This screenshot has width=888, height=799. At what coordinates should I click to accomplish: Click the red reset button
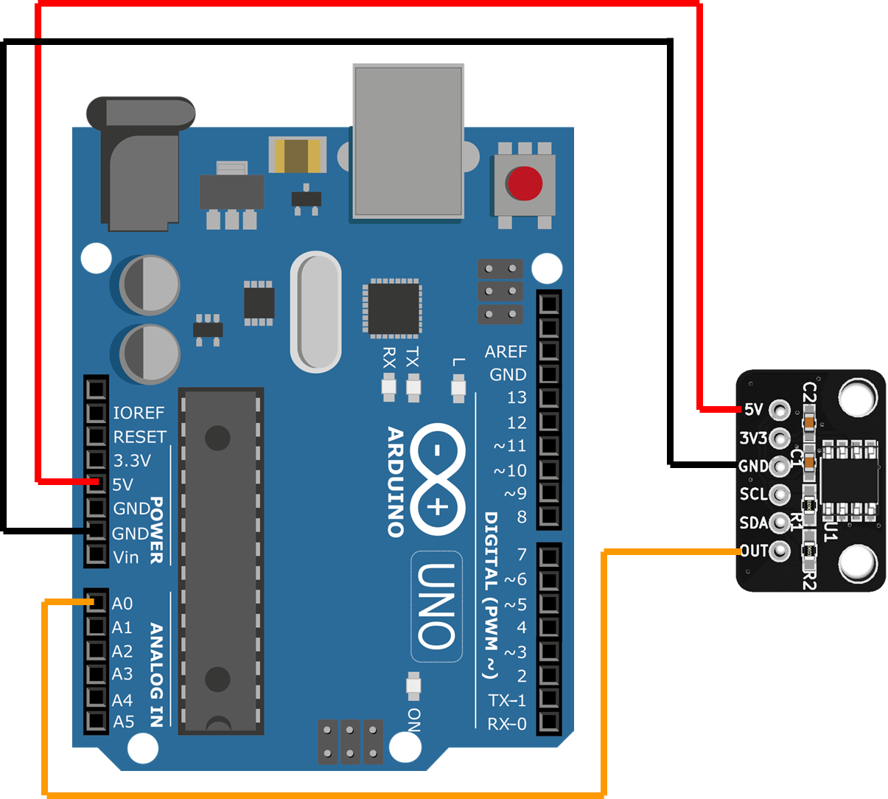tap(524, 183)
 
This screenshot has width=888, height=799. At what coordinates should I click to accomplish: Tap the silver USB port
tap(408, 141)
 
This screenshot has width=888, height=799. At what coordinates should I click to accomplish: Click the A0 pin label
tap(122, 604)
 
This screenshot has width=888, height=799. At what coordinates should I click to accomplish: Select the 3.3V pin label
tap(132, 461)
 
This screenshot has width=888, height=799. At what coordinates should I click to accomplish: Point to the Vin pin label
tap(126, 557)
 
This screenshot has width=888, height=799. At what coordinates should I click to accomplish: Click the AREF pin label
tap(506, 352)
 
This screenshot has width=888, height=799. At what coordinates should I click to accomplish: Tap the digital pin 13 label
tap(517, 398)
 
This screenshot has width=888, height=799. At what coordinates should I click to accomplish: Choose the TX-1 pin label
tap(507, 700)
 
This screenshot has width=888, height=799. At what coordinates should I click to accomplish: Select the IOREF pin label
tap(139, 413)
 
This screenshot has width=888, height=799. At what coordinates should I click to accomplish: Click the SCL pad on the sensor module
tap(779, 494)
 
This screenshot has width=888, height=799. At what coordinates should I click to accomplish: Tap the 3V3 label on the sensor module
tap(753, 439)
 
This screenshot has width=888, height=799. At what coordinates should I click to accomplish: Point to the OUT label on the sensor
tap(754, 551)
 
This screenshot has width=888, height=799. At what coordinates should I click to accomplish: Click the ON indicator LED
tap(413, 686)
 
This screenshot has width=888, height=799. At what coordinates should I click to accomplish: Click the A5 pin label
tap(123, 722)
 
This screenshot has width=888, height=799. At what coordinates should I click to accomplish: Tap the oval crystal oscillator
tap(316, 311)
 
